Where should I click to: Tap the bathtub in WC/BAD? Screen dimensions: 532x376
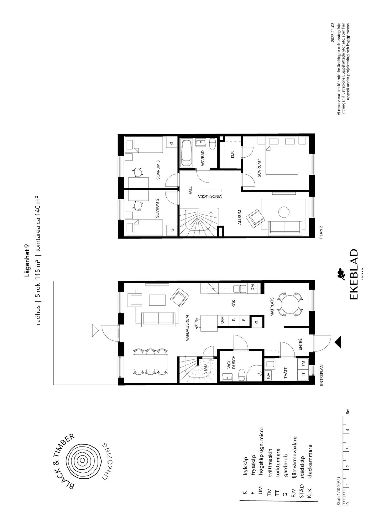click(x=187, y=154)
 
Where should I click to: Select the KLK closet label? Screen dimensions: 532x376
click(x=232, y=155)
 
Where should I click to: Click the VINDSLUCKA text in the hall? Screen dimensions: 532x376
click(x=210, y=196)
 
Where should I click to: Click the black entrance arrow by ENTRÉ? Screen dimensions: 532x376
click(x=338, y=343)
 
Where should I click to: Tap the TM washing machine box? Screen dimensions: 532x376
click(x=303, y=364)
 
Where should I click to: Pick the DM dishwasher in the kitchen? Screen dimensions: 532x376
click(x=253, y=287)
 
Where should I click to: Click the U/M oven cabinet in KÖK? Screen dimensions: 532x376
click(x=222, y=320)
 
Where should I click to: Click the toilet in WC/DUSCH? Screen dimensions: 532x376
click(x=242, y=375)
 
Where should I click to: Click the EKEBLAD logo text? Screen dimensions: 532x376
click(x=353, y=274)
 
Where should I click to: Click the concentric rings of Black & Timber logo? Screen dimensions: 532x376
click(x=82, y=460)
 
